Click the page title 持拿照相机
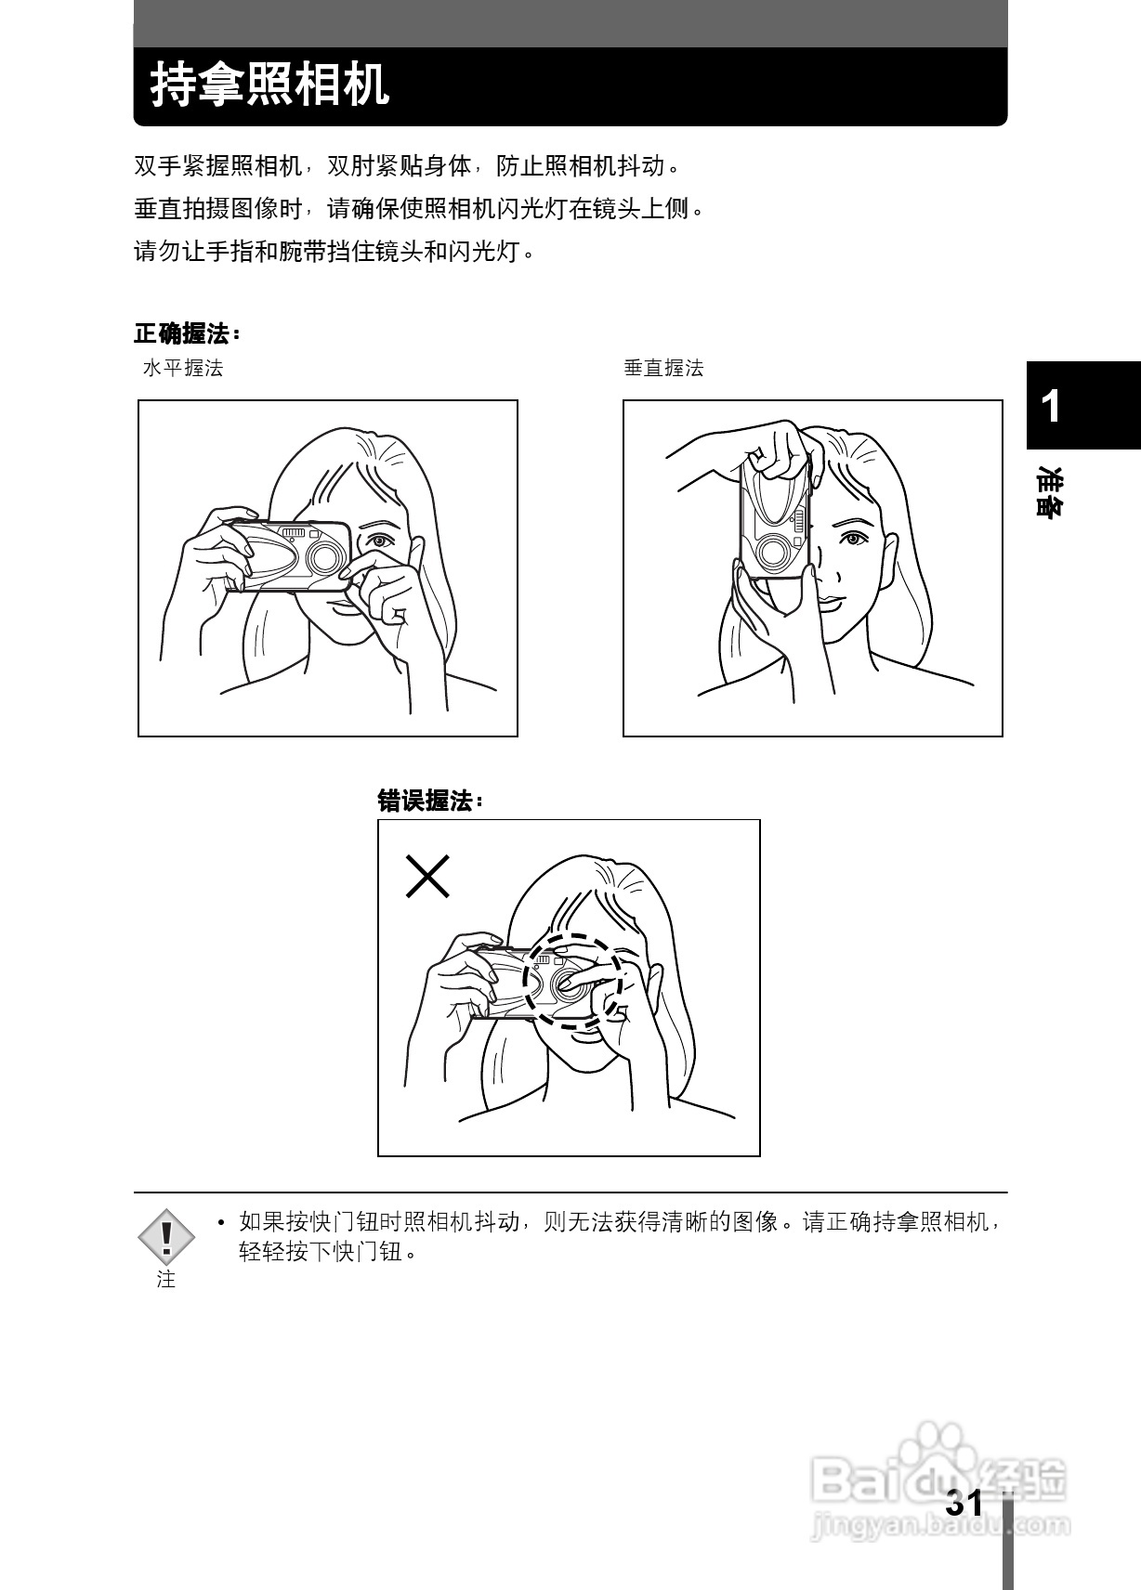(x=269, y=86)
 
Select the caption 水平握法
(x=183, y=368)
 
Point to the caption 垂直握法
(x=663, y=368)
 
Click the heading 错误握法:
(x=430, y=801)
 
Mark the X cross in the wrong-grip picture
(x=427, y=876)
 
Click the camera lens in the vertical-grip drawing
(x=771, y=552)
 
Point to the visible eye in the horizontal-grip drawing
(x=378, y=541)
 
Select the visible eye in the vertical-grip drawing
(x=850, y=538)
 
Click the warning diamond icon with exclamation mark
(x=166, y=1236)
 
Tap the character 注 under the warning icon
(x=166, y=1280)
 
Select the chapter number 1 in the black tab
(x=1051, y=407)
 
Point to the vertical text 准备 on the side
(x=1052, y=492)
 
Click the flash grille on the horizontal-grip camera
(x=295, y=532)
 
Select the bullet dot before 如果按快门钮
(x=220, y=1223)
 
